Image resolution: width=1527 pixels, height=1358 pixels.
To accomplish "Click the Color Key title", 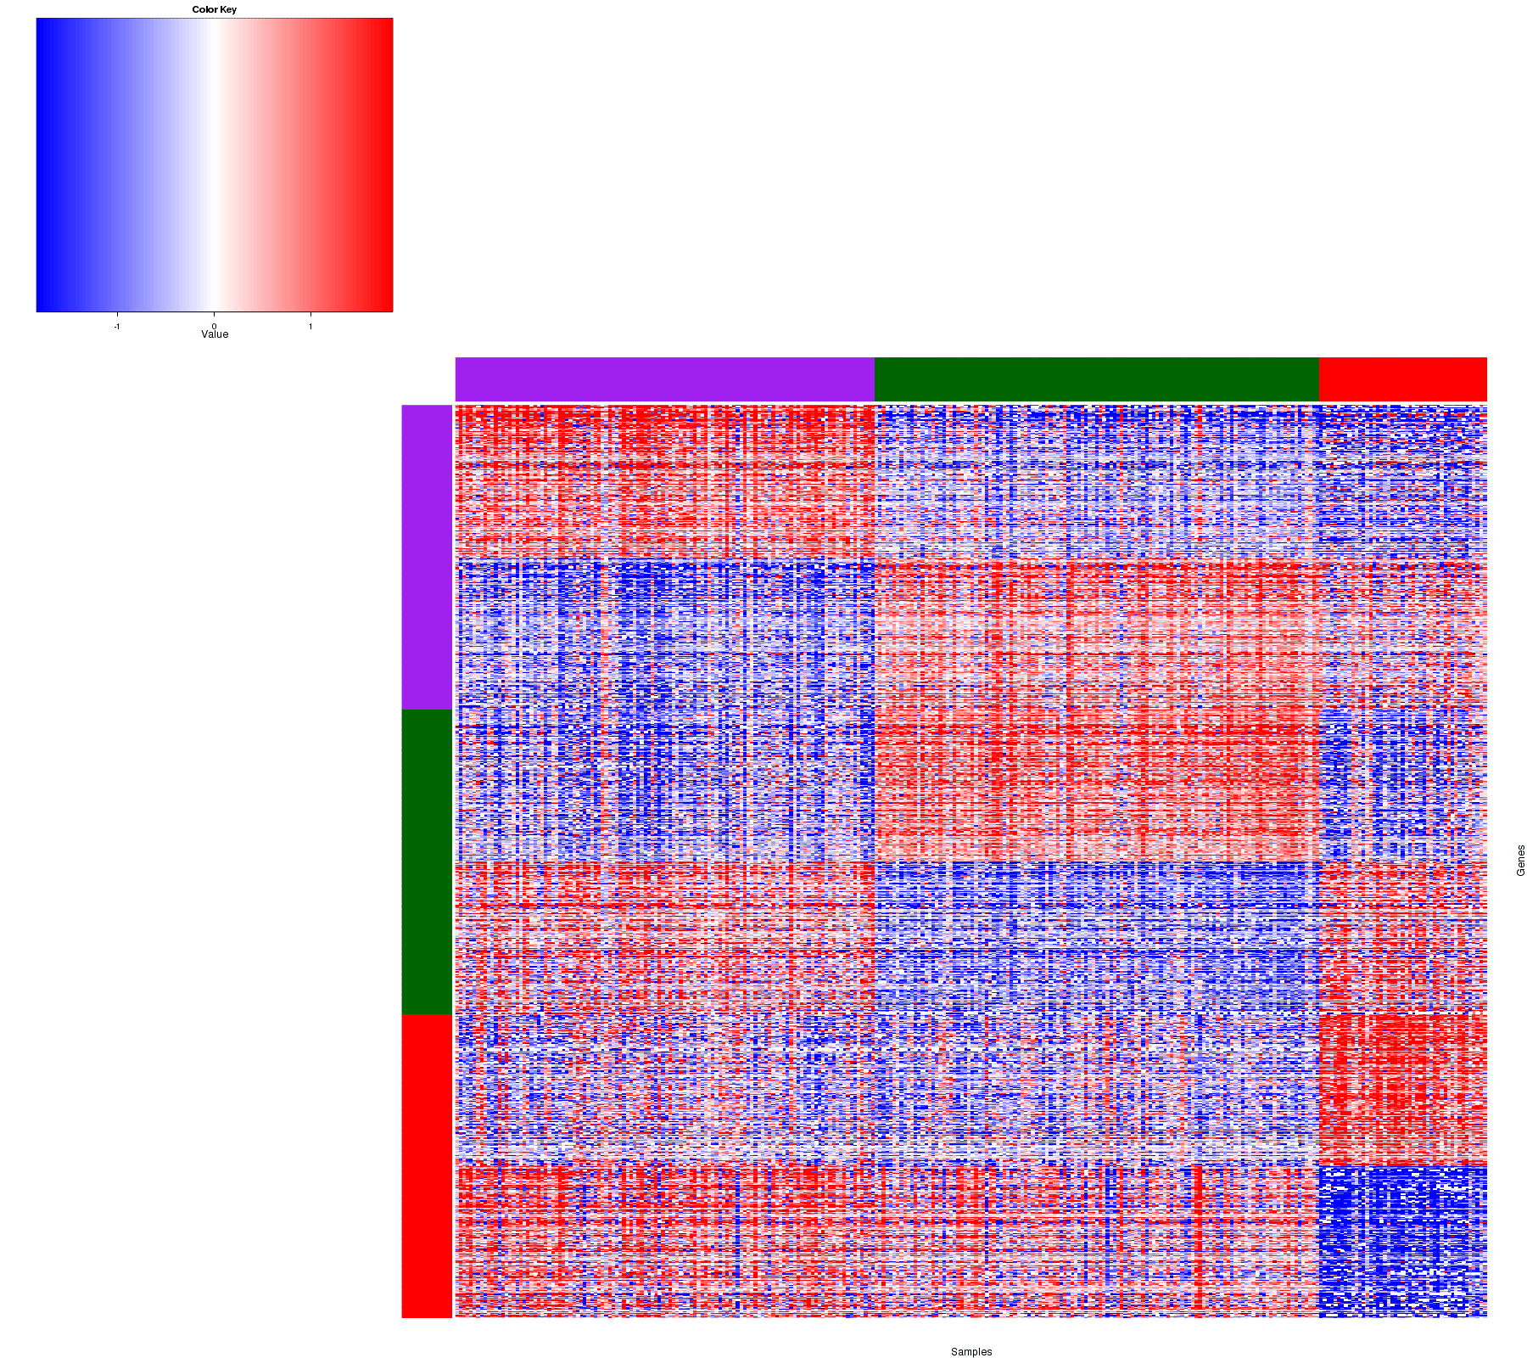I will (215, 9).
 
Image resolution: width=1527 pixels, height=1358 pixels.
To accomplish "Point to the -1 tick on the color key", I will (117, 326).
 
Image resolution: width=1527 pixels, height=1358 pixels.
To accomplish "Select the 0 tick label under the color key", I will (215, 326).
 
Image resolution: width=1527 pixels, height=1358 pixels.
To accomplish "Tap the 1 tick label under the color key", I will (310, 326).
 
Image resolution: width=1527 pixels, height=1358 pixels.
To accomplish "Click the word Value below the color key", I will (215, 334).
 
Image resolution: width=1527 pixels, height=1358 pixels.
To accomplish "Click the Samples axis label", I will (971, 1352).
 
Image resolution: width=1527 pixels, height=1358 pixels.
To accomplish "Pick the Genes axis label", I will (1520, 861).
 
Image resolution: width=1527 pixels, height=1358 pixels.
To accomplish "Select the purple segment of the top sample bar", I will (664, 379).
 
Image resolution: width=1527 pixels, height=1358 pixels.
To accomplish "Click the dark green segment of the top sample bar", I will (1096, 379).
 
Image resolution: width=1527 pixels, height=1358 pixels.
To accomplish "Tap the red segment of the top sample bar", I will (1403, 379).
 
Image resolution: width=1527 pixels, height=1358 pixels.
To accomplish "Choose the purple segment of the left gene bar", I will (427, 557).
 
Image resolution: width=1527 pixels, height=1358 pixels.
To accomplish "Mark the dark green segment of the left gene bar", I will (427, 861).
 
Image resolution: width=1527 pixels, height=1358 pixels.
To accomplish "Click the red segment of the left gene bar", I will (427, 1165).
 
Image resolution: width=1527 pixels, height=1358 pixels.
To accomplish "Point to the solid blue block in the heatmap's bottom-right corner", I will (1403, 1239).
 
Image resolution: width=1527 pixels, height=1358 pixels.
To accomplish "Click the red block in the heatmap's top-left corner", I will (664, 480).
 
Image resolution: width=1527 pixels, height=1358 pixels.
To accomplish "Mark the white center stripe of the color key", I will (213, 166).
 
